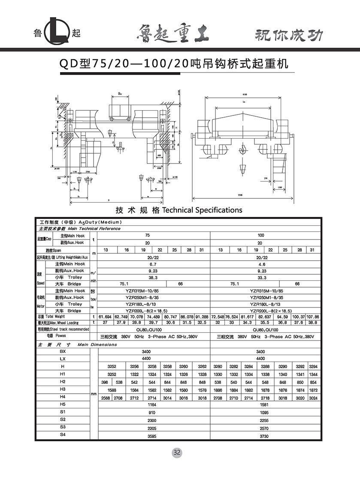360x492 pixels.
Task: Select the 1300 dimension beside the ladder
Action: [280, 187]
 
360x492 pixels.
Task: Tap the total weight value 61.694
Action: [105, 316]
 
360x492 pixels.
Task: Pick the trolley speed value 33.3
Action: [261, 277]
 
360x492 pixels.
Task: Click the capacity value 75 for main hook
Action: [148, 235]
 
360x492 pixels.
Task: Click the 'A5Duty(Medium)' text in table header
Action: [100, 222]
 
